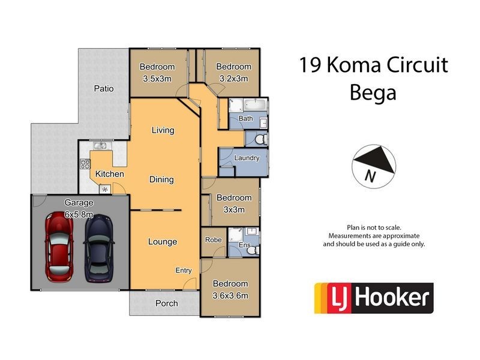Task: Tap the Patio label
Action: click(x=103, y=89)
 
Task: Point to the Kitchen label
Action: click(x=109, y=174)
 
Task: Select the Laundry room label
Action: click(x=247, y=158)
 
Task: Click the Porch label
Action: click(x=166, y=303)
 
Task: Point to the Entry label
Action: click(x=184, y=271)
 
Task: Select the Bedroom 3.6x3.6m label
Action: click(x=230, y=289)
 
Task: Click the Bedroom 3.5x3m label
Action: click(x=157, y=72)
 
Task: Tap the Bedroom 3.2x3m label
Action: click(x=233, y=72)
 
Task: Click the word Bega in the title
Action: click(x=373, y=93)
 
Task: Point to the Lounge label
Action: click(x=163, y=242)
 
